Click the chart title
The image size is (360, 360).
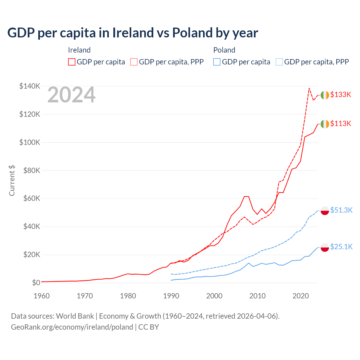(132, 33)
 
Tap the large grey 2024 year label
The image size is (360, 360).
(71, 95)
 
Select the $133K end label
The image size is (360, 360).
(341, 94)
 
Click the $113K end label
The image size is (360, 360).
(341, 123)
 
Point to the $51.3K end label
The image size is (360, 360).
(341, 210)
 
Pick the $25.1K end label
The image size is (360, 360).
(341, 247)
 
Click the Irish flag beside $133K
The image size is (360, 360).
(325, 95)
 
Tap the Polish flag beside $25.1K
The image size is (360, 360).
(325, 247)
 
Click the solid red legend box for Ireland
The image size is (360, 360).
(72, 62)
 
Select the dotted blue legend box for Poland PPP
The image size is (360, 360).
(279, 62)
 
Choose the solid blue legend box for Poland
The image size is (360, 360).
(217, 62)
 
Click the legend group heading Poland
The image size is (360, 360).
(224, 50)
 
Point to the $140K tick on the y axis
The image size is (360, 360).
(30, 86)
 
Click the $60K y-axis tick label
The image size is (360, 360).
(31, 199)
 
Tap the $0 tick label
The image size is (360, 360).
(36, 283)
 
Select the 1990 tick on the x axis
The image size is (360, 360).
(171, 296)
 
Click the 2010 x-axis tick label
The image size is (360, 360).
(257, 296)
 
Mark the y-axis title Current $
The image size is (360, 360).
(12, 180)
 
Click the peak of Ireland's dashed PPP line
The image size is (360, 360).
(309, 88)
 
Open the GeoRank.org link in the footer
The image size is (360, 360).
(72, 327)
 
